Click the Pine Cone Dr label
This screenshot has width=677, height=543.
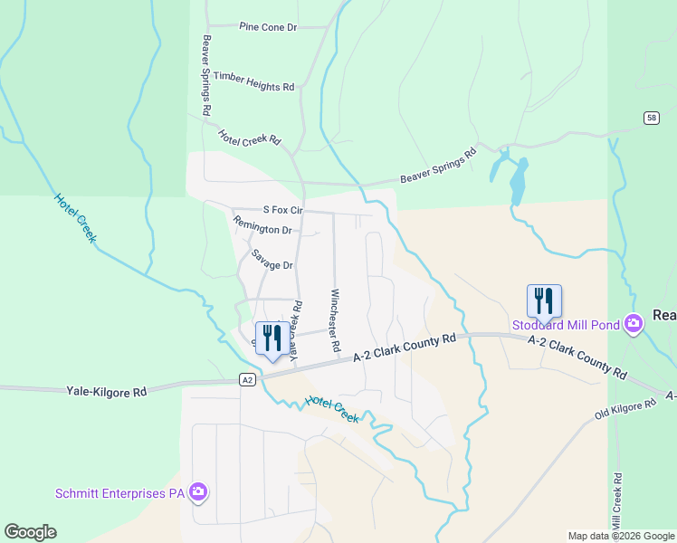(x=268, y=27)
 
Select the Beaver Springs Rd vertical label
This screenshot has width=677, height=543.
(x=206, y=74)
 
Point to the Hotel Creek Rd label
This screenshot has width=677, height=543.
(x=250, y=138)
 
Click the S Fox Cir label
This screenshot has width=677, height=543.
(x=281, y=209)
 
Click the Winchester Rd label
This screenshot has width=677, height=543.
(x=335, y=320)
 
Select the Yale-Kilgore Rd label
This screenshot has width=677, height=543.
(x=107, y=392)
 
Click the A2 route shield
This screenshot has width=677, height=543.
(x=246, y=379)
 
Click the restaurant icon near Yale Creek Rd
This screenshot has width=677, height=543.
(x=272, y=338)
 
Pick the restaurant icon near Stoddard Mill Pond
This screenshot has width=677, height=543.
(x=544, y=300)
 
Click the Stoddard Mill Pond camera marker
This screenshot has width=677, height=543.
(x=633, y=323)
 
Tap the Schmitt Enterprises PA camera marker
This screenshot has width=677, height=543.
(x=199, y=492)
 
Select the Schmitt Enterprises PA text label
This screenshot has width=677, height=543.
(x=119, y=493)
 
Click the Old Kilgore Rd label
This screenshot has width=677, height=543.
(x=625, y=408)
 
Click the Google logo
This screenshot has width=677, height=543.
(x=30, y=532)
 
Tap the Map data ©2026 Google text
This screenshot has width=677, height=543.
(x=620, y=536)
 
